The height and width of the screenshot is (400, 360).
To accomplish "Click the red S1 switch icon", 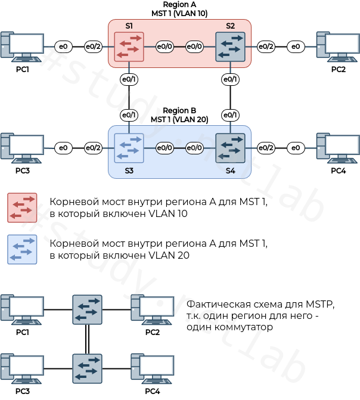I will pyautogui.click(x=129, y=46).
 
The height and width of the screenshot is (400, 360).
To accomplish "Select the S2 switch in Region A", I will pyautogui.click(x=230, y=46).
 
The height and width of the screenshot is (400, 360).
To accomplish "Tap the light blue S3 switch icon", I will pyautogui.click(x=129, y=148).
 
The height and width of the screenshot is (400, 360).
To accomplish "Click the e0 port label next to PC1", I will pyautogui.click(x=63, y=46).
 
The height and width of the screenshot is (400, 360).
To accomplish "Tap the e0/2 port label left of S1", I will pyautogui.click(x=92, y=46).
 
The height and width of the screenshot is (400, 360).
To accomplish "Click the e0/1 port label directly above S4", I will pyautogui.click(x=230, y=114).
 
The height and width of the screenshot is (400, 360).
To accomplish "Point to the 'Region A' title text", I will pyautogui.click(x=179, y=5).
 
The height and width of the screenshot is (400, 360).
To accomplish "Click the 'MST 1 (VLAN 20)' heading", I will pyautogui.click(x=179, y=119).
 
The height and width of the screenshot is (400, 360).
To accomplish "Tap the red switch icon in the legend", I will pyautogui.click(x=22, y=207).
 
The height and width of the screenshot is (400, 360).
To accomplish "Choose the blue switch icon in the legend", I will pyautogui.click(x=22, y=249).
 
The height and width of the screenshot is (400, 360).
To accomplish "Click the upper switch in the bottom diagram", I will pyautogui.click(x=87, y=309).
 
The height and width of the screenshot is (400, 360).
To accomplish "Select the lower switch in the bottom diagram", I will pyautogui.click(x=87, y=369).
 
